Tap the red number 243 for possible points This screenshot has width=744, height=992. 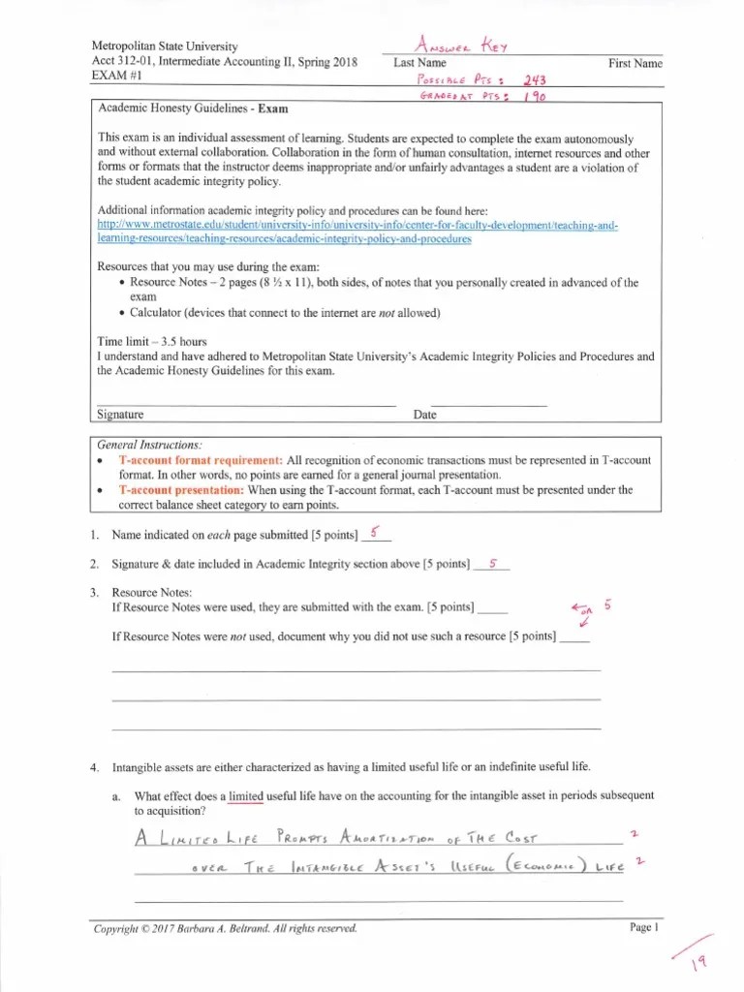click(534, 81)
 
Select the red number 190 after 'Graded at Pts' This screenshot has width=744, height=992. click(533, 97)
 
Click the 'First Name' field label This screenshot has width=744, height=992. click(635, 64)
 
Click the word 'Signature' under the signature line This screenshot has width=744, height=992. click(121, 415)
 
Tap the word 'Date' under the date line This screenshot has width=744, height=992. click(424, 415)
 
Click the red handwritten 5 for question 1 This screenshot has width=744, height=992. click(374, 532)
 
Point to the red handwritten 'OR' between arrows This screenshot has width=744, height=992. click(584, 612)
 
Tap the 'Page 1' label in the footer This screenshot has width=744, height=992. click(643, 928)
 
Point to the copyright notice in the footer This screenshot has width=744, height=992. click(224, 928)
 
